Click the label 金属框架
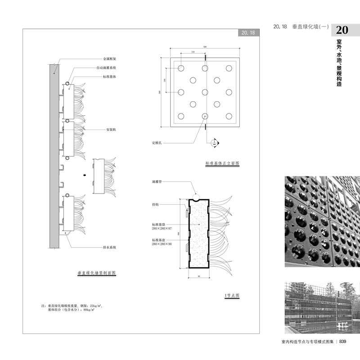(x=109, y=58)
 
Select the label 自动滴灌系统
(x=106, y=68)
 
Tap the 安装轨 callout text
(x=112, y=130)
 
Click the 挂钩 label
(x=155, y=204)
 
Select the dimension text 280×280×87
(x=162, y=229)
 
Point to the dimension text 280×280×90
(x=162, y=243)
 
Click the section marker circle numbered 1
(x=215, y=143)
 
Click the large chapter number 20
(x=342, y=30)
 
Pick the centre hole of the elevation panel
(x=205, y=92)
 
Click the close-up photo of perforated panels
(x=322, y=221)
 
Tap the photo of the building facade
(x=322, y=306)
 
